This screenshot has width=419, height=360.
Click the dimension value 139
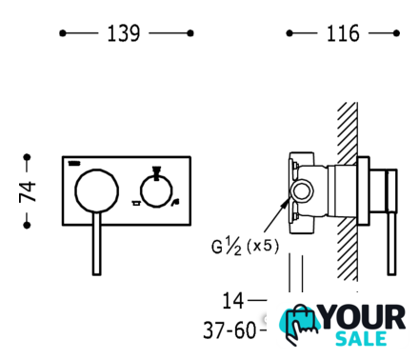point(124,33)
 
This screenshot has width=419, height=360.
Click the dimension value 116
point(343,33)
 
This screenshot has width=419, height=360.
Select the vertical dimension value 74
point(28,191)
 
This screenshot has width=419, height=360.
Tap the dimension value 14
point(233,300)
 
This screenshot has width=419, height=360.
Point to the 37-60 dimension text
point(229,330)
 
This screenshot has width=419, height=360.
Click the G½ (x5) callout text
point(245,247)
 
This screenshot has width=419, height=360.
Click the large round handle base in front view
point(97,190)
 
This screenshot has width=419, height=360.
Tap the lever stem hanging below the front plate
point(97,244)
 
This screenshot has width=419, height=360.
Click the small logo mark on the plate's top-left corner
point(74,163)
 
